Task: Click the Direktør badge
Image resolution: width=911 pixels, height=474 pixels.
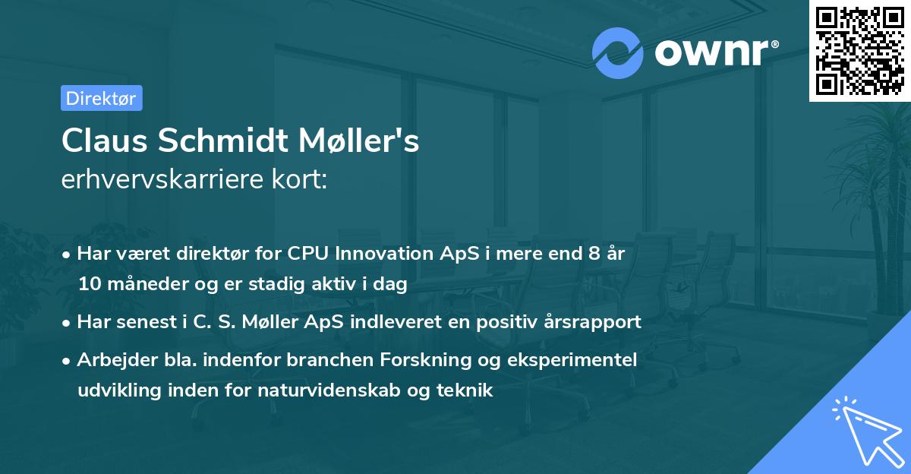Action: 101,98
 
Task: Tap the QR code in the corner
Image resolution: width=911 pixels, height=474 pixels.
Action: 859,50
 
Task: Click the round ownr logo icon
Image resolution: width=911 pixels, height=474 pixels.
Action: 618,52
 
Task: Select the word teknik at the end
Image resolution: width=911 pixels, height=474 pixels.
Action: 470,391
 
